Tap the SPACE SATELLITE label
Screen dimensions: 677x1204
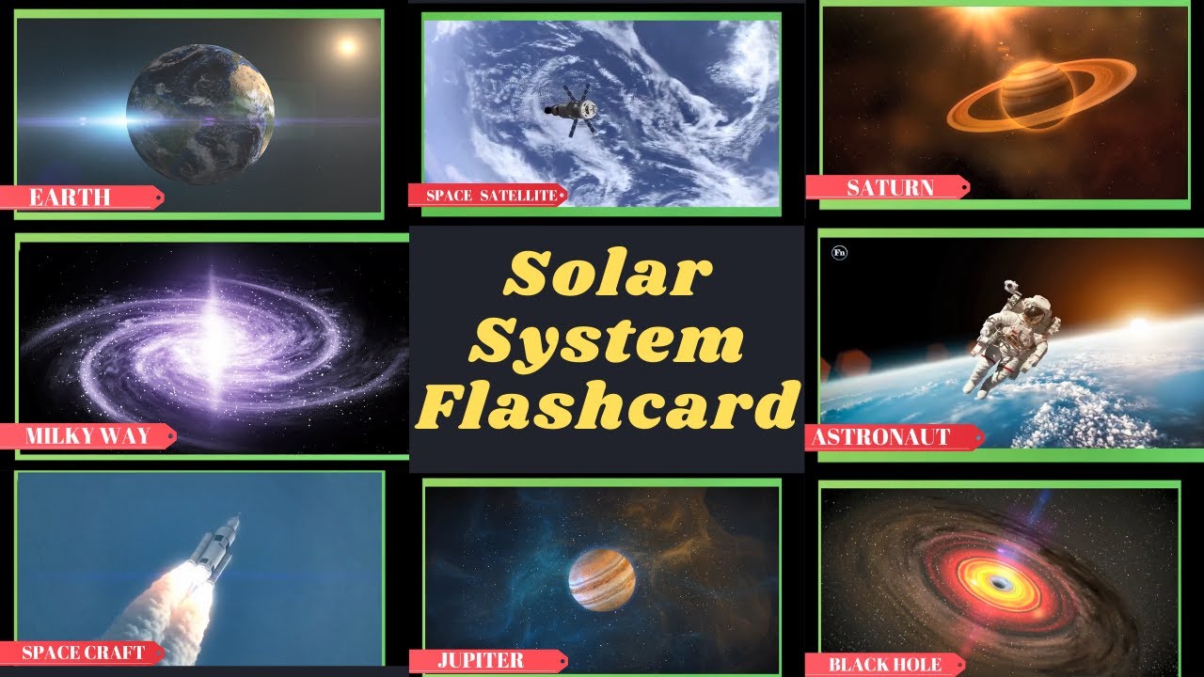487,196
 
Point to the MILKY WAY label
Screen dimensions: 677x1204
87,436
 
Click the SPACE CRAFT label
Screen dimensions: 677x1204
82,653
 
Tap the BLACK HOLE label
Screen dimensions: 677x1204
884,665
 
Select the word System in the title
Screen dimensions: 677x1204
607,339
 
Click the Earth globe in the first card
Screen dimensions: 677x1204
200,114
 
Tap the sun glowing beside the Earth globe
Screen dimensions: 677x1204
347,46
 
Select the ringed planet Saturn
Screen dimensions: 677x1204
1039,95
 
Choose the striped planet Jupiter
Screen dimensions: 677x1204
602,579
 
